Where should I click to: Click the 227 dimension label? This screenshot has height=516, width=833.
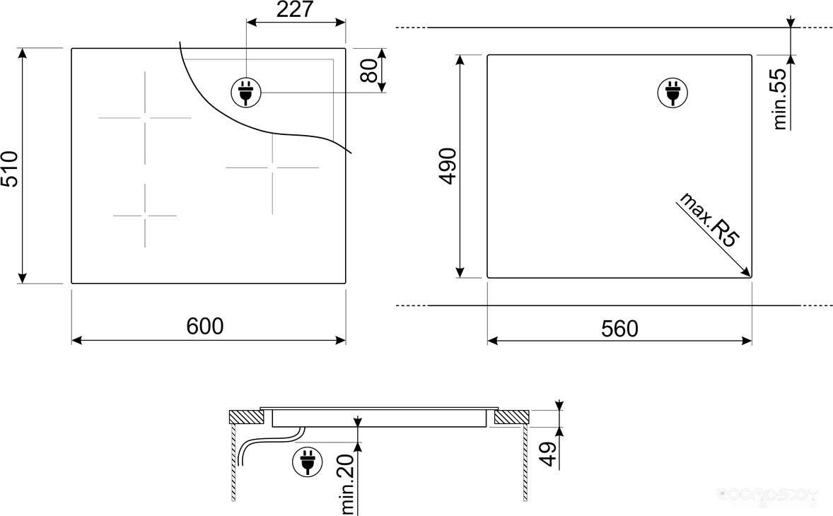pyautogui.click(x=295, y=10)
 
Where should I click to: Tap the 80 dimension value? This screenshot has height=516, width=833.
pyautogui.click(x=370, y=71)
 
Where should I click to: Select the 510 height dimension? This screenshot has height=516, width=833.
pyautogui.click(x=10, y=169)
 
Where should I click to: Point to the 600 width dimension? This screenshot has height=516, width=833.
pyautogui.click(x=205, y=326)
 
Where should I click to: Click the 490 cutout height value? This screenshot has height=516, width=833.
pyautogui.click(x=448, y=166)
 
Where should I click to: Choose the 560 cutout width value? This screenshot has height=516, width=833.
pyautogui.click(x=619, y=329)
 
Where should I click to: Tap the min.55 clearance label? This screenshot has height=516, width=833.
pyautogui.click(x=779, y=99)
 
